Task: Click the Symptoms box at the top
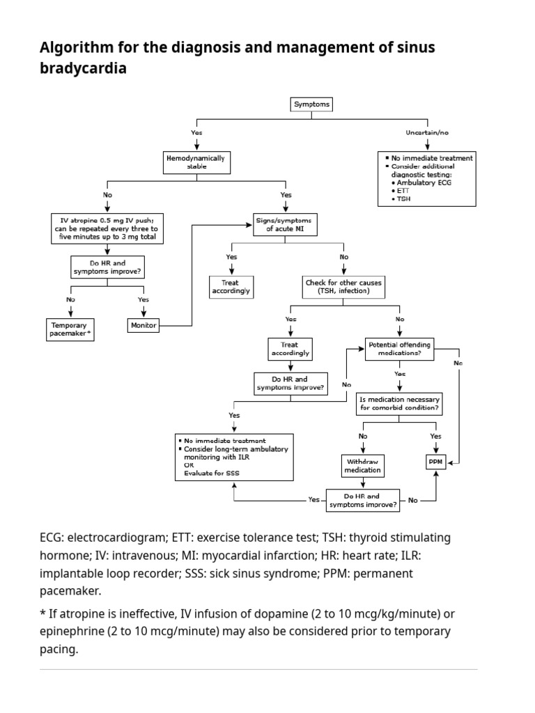pos(311,104)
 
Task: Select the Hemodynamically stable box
pos(196,162)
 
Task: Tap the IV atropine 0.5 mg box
pos(107,228)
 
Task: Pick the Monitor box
pos(144,325)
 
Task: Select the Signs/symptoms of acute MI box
pos(286,225)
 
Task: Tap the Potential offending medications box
pos(400,349)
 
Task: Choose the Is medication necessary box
pos(399,403)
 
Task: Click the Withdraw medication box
pos(362,465)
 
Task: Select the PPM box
pos(436,462)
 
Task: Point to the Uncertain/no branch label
pos(427,132)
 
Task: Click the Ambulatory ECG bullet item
pos(426,182)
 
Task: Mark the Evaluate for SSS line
pos(212,473)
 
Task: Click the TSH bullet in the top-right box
pos(404,198)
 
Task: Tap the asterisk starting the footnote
pos(43,613)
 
